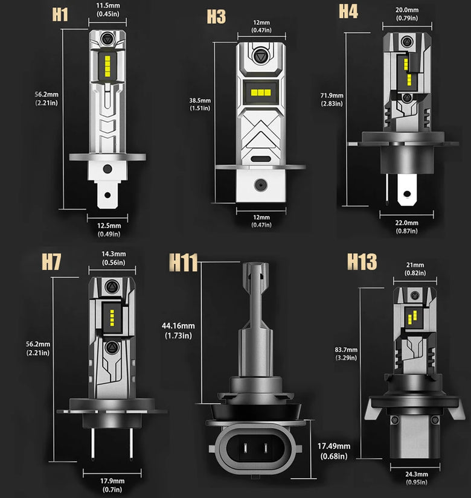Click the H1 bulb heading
coord(60,14)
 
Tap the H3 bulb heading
coord(216,16)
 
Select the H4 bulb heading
coord(348,11)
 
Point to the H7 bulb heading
coord(51,261)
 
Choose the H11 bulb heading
coord(184,262)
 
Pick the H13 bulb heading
coord(362,261)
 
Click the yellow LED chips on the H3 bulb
coord(261,92)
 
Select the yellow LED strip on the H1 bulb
coord(107,66)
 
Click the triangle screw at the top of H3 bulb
coord(261,57)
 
